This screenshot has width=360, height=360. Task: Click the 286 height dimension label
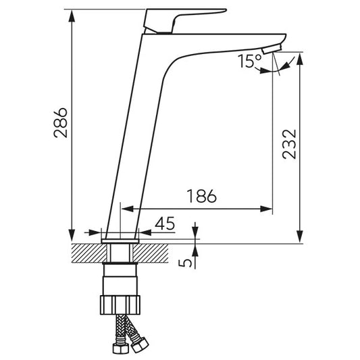[60, 123]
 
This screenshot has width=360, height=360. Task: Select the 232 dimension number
[289, 144]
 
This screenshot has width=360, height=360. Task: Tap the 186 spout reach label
[202, 196]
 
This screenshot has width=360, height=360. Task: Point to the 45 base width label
[165, 224]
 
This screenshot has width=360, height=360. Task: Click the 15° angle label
[249, 61]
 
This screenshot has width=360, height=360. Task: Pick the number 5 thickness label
[185, 263]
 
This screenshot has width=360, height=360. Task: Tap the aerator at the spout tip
[272, 49]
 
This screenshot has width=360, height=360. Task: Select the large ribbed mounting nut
[120, 305]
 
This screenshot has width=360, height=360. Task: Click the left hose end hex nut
[120, 349]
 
